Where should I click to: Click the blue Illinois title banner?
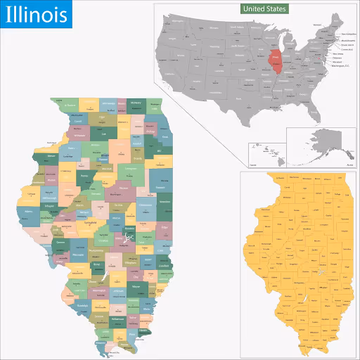[x=34, y=14]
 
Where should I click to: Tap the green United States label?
[x=264, y=9]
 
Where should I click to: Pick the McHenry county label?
[x=136, y=103]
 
